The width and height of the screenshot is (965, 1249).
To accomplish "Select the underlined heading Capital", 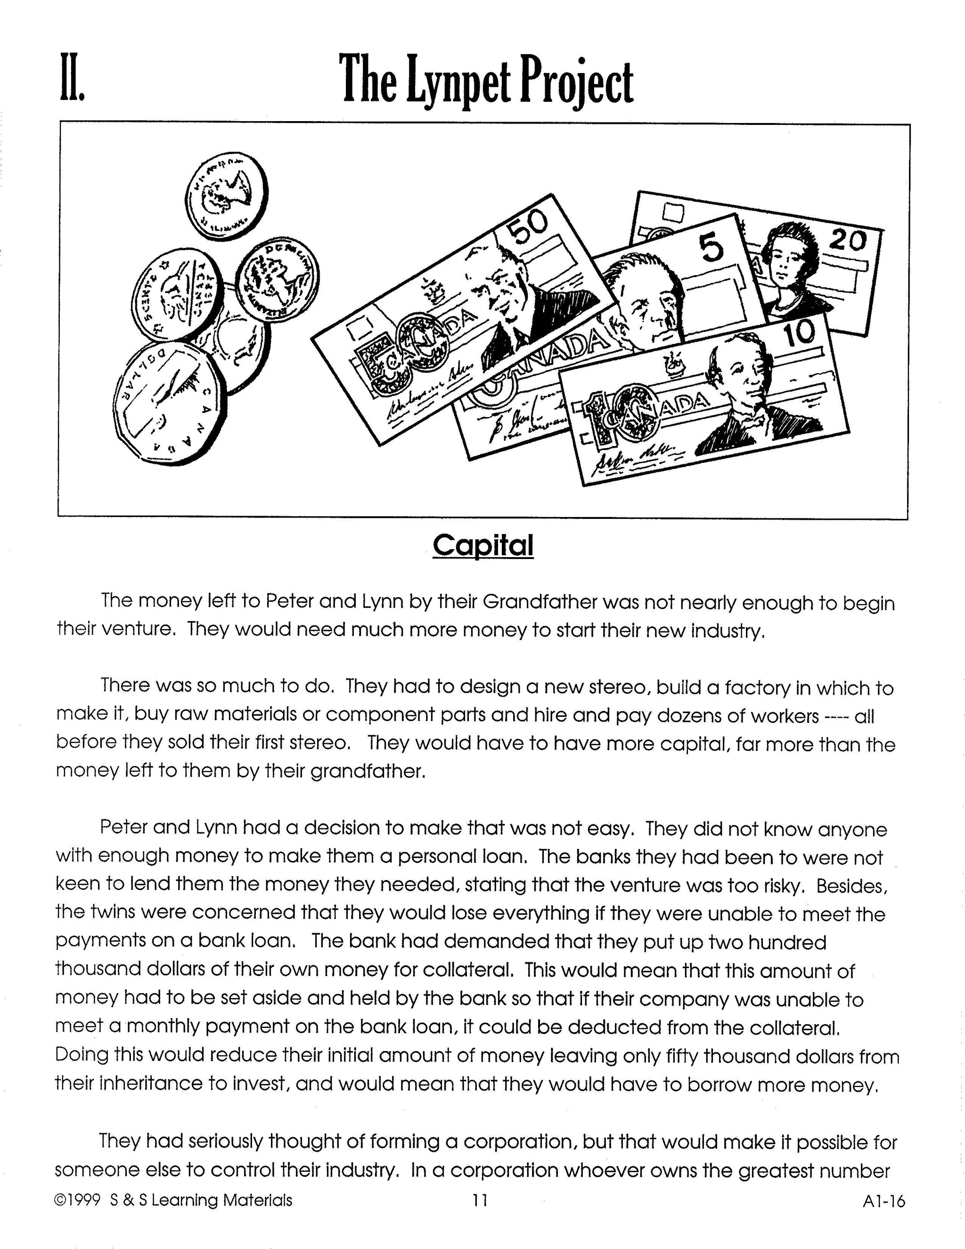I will [x=483, y=544].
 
